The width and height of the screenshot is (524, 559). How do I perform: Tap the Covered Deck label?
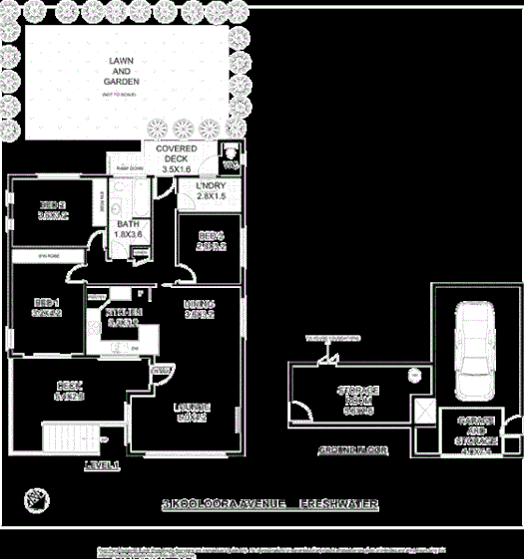pyautogui.click(x=176, y=159)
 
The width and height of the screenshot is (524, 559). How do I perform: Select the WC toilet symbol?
pyautogui.click(x=231, y=156)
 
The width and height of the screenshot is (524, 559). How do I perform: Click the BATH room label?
pyautogui.click(x=128, y=229)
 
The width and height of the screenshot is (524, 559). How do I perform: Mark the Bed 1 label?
pyautogui.click(x=48, y=307)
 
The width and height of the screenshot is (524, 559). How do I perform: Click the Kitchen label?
pyautogui.click(x=123, y=317)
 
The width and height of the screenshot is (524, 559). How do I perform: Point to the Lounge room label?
pyautogui.click(x=192, y=412)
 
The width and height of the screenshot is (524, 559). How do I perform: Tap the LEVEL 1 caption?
pyautogui.click(x=102, y=465)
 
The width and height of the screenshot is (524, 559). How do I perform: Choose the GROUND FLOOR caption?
pyautogui.click(x=352, y=451)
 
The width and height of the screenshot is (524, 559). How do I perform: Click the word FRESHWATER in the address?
pyautogui.click(x=338, y=504)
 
